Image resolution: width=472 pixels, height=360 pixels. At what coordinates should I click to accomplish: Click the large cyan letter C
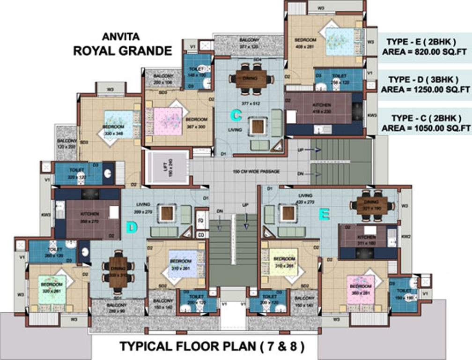click(x=236, y=114)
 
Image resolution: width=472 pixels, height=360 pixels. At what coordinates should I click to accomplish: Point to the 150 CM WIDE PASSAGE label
click(x=256, y=172)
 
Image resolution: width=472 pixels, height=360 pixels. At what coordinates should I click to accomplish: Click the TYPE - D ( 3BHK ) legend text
click(x=425, y=79)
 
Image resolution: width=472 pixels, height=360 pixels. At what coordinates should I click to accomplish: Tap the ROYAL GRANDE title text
click(x=123, y=51)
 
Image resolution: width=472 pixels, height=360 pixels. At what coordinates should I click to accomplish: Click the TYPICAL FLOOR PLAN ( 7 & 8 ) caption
click(x=212, y=347)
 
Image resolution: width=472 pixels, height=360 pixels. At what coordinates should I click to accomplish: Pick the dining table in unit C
click(x=251, y=79)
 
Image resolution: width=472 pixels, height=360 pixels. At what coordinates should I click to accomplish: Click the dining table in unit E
click(x=372, y=205)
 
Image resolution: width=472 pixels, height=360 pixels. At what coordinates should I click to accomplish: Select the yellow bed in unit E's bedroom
click(x=283, y=261)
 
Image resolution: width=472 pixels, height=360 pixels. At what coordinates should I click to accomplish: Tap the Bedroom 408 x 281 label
click(x=305, y=43)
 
